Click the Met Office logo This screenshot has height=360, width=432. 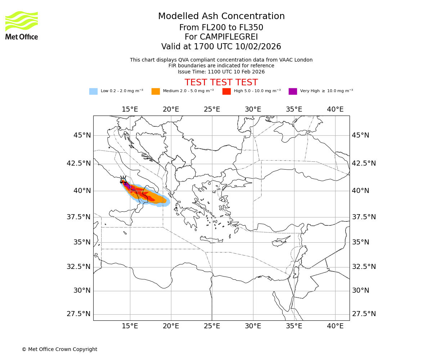[22, 25]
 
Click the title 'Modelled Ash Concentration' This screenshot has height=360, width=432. [221, 17]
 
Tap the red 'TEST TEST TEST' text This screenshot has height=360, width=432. [221, 82]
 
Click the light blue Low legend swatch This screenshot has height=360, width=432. [93, 91]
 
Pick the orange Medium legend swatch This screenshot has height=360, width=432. [156, 91]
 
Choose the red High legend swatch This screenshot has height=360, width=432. [226, 91]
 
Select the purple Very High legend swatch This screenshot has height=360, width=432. [293, 91]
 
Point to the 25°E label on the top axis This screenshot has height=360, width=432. [212, 109]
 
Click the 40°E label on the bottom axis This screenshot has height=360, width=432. [335, 326]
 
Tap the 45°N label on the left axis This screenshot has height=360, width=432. [82, 135]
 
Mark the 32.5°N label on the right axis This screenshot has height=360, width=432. [364, 267]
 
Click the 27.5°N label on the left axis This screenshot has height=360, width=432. [78, 314]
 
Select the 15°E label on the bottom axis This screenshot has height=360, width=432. [130, 326]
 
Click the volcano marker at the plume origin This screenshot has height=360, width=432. [123, 180]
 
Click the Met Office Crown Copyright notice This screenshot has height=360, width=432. [59, 349]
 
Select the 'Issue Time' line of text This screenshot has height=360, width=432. [221, 72]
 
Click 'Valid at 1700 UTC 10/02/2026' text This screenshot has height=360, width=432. [221, 47]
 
